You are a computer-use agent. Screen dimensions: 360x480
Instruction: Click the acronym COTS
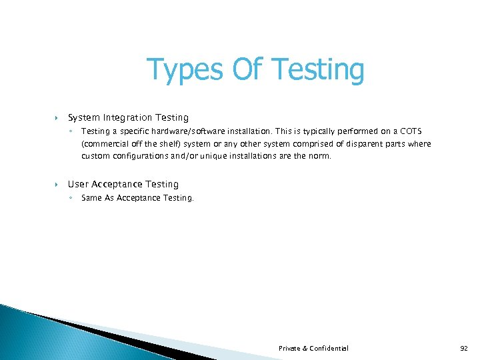click(409, 131)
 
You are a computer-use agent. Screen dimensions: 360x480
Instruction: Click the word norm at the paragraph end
click(318, 156)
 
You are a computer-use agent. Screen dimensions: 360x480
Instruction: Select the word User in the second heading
click(77, 184)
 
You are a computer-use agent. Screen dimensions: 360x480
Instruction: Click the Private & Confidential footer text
click(313, 348)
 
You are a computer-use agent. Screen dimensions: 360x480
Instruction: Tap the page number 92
click(464, 348)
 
